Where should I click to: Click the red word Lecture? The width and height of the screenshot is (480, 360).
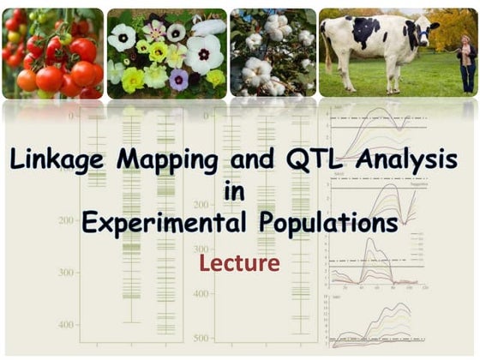[239, 262]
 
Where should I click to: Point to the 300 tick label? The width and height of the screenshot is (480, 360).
[65, 272]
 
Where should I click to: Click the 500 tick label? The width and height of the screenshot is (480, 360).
[201, 338]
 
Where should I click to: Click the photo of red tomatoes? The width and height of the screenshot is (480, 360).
[51, 53]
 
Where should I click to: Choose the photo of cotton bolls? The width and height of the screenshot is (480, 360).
[273, 53]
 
